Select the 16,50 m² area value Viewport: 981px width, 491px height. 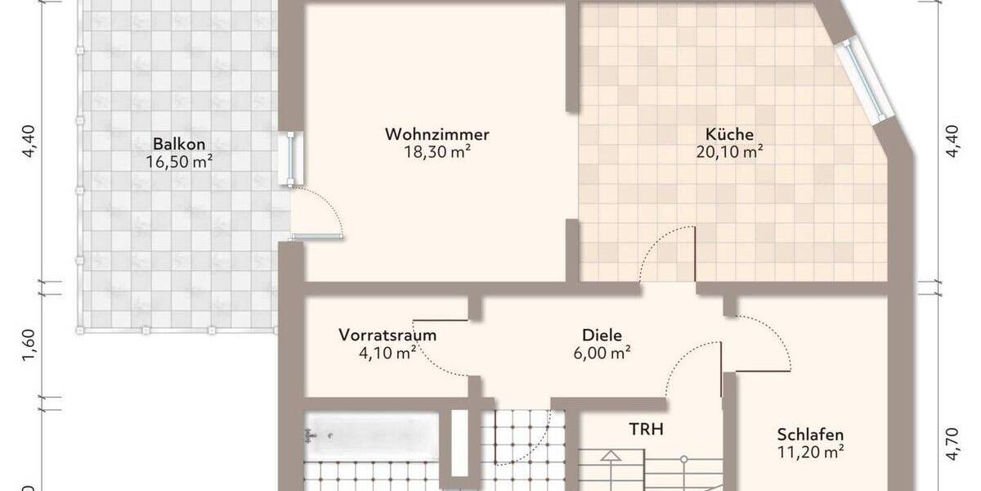(x=179, y=162)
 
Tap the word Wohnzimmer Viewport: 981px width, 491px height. (x=437, y=133)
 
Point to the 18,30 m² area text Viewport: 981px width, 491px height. (x=437, y=151)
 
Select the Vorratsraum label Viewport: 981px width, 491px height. (x=387, y=335)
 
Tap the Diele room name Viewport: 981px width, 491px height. (x=602, y=335)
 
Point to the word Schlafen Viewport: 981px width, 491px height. (x=810, y=434)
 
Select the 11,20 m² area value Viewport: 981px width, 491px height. (x=810, y=451)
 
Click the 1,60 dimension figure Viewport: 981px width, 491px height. (x=29, y=344)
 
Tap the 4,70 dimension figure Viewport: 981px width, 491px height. (x=951, y=446)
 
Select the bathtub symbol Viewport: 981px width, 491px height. (x=372, y=433)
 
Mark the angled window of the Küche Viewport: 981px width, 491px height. (x=865, y=79)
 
